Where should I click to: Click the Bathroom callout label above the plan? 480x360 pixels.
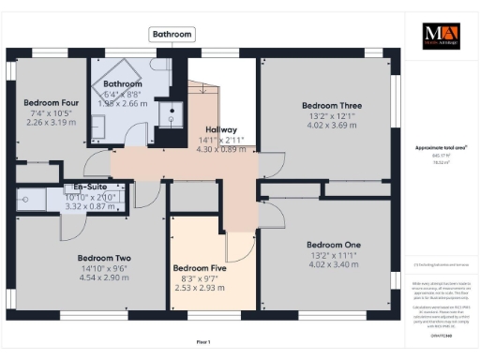[x=172, y=35]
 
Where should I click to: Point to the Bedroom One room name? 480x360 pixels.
[x=334, y=245]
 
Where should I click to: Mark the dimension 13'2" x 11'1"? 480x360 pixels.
[x=334, y=255]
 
